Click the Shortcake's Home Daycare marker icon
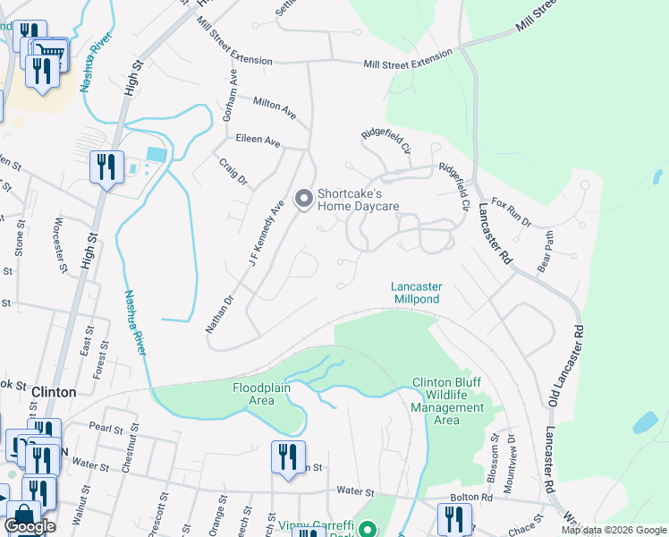[x=303, y=198]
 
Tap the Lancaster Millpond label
[x=416, y=293]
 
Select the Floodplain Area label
[x=266, y=394]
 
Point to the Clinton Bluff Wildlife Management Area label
[x=446, y=401]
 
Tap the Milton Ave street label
[x=275, y=107]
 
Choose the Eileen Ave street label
[x=258, y=142]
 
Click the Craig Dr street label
[x=233, y=171]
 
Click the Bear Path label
[x=546, y=242]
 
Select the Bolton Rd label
[x=474, y=496]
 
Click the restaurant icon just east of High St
[x=106, y=167]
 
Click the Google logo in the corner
[x=30, y=526]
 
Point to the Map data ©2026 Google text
[x=613, y=530]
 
